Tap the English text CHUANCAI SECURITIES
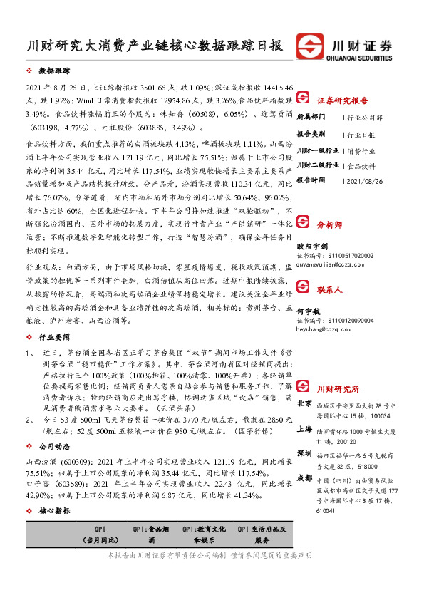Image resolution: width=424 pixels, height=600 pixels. pyautogui.click(x=362, y=58)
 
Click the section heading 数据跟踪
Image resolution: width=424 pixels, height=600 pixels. pyautogui.click(x=55, y=71)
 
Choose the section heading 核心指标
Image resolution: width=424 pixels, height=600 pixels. pyautogui.click(x=55, y=511)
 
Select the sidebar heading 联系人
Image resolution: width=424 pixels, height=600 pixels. pyautogui.click(x=330, y=290)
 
